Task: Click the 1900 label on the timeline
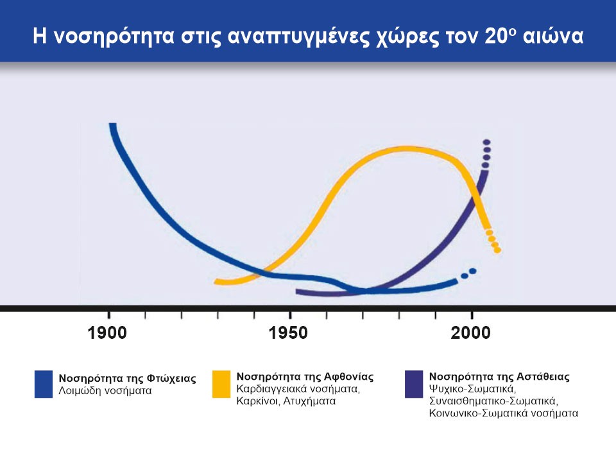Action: click(108, 333)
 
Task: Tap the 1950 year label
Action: click(289, 333)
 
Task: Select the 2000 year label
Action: click(471, 333)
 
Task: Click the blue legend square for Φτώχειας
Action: click(44, 384)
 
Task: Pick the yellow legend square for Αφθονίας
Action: click(221, 384)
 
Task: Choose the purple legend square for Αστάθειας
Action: click(414, 384)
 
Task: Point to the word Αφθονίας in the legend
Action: click(349, 376)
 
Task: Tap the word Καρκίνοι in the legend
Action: click(257, 401)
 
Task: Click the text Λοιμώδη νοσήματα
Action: click(106, 389)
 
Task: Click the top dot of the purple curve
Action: click(486, 142)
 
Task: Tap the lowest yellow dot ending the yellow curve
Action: click(497, 250)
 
